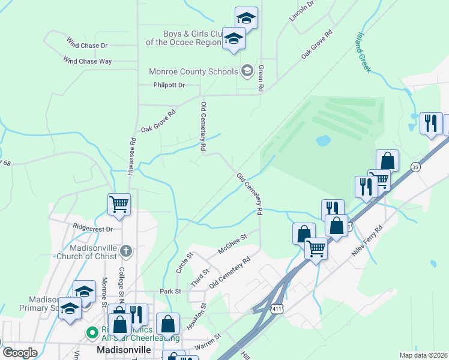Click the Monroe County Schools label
click(x=193, y=72)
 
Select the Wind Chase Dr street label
click(x=87, y=45)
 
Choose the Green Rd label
click(x=261, y=78)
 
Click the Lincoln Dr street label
click(x=302, y=11)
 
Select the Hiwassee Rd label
click(x=132, y=156)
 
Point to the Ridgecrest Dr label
click(x=92, y=229)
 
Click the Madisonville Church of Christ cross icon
click(x=125, y=250)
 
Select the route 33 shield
click(x=415, y=167)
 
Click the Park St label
click(x=170, y=291)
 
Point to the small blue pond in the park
click(x=323, y=141)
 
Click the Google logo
click(x=19, y=352)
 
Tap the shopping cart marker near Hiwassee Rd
click(x=119, y=204)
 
